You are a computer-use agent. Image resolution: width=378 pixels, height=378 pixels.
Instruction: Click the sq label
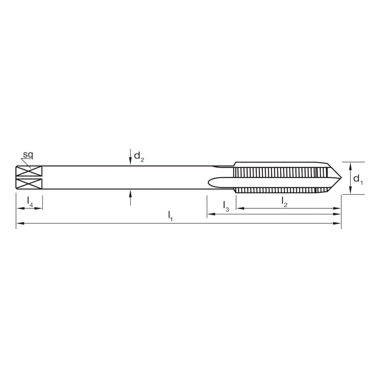[28, 155]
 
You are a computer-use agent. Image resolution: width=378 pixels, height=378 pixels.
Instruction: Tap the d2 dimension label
[139, 157]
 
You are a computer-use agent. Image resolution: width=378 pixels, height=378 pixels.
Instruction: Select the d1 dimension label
[358, 180]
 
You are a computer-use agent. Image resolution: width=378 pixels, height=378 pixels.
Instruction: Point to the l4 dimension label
[30, 201]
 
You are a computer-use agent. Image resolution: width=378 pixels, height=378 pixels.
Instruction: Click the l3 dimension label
[226, 206]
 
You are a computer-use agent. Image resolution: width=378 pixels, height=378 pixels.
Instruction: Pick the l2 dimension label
[284, 202]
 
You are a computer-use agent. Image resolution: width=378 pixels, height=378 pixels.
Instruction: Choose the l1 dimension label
[170, 216]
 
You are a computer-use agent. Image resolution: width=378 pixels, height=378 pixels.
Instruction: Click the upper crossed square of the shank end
[29, 171]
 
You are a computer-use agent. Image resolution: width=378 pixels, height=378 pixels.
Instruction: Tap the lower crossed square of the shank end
[29, 184]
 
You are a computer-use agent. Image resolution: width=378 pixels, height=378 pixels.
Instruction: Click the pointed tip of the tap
[341, 178]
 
